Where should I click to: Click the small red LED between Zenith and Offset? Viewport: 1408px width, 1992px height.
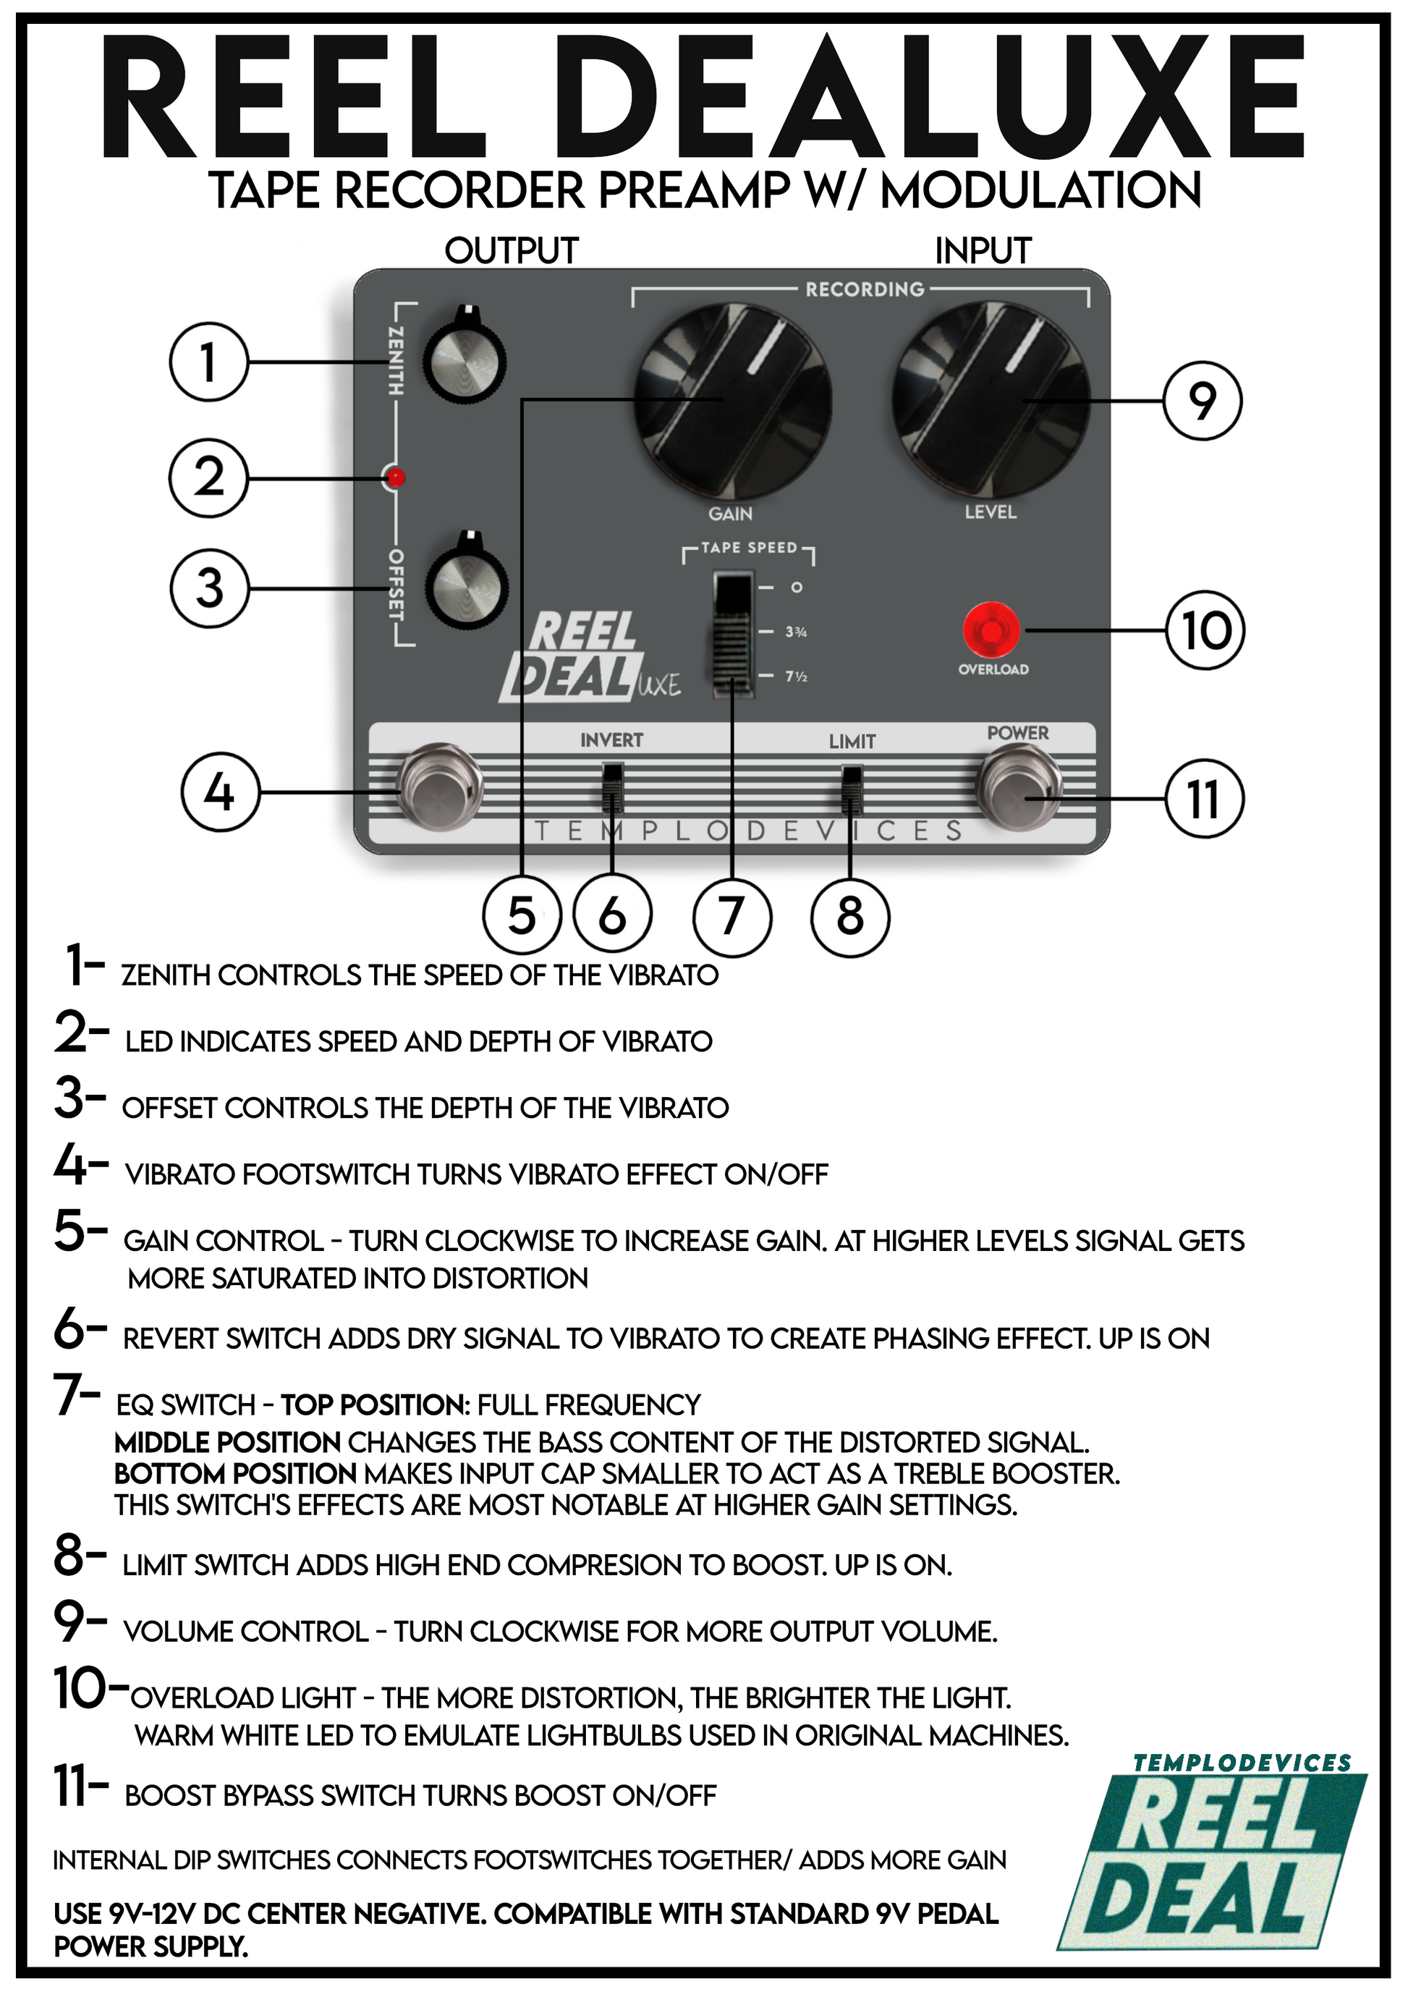396,477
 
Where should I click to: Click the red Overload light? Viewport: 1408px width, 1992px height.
991,630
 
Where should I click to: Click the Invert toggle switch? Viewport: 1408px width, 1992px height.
613,786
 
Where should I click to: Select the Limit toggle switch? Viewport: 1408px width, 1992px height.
852,786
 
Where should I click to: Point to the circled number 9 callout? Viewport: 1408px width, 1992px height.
1203,402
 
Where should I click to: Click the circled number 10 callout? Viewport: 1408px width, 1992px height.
1205,630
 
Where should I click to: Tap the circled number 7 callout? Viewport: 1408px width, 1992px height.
732,915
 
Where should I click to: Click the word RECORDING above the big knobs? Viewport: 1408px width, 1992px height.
864,289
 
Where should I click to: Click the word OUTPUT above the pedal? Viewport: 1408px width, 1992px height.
511,251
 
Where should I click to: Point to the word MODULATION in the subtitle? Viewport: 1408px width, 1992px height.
1041,191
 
